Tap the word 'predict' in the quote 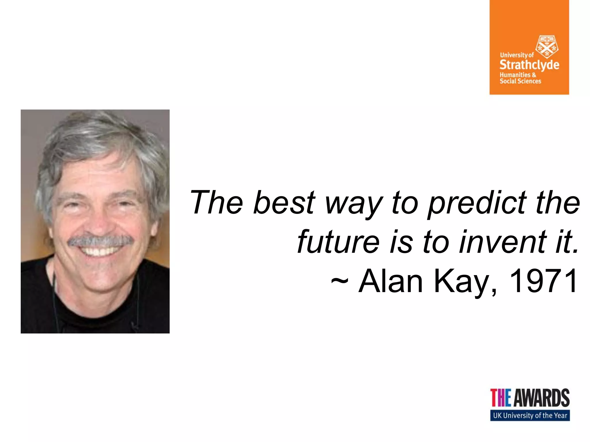click(477, 203)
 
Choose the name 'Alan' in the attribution click(390, 281)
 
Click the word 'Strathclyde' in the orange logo click(529, 65)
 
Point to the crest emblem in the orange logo click(546, 47)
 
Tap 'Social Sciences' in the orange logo click(520, 81)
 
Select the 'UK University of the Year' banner click(530, 415)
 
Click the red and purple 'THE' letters click(501, 398)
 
